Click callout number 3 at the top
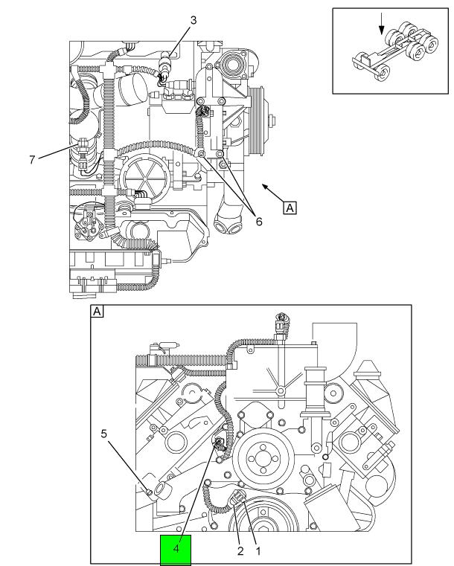click(194, 20)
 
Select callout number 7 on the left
click(32, 159)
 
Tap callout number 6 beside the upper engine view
click(258, 222)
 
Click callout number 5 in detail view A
click(104, 433)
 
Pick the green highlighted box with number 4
click(176, 550)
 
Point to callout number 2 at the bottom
click(240, 551)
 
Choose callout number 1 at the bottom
click(258, 551)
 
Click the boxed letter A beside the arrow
click(290, 208)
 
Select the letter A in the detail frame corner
click(97, 311)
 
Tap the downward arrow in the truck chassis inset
click(381, 24)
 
